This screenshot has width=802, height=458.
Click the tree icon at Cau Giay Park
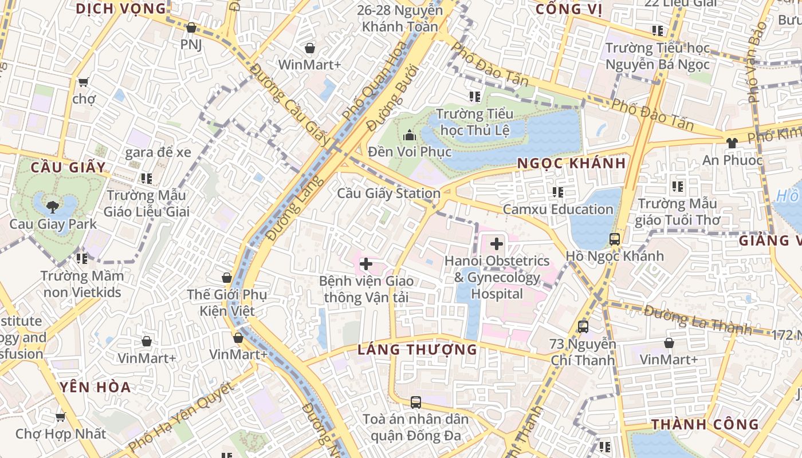(52, 207)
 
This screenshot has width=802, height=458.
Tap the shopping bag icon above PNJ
(191, 27)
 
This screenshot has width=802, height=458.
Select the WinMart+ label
(309, 65)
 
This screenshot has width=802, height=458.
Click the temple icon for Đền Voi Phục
(410, 136)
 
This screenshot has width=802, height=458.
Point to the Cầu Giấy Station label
(388, 194)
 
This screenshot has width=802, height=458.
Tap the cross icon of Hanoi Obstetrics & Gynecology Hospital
(497, 244)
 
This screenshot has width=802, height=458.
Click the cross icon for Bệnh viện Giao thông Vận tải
(366, 264)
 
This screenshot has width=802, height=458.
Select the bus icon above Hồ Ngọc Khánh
(615, 239)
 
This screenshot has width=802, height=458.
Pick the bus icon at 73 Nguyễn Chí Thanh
(583, 327)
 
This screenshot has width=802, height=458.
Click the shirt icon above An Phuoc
(732, 143)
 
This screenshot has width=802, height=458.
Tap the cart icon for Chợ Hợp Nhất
(60, 417)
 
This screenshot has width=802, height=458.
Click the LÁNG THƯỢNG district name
(417, 349)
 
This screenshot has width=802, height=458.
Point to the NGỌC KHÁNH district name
(571, 163)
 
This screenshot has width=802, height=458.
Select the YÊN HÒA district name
(95, 387)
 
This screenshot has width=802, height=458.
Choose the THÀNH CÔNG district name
(705, 424)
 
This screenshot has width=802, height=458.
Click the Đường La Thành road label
(697, 320)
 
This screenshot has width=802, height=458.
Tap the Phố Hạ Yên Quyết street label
(180, 417)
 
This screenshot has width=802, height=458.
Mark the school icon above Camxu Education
(558, 192)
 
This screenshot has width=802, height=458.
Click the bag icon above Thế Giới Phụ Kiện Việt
(227, 278)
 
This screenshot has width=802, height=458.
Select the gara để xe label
(158, 152)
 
